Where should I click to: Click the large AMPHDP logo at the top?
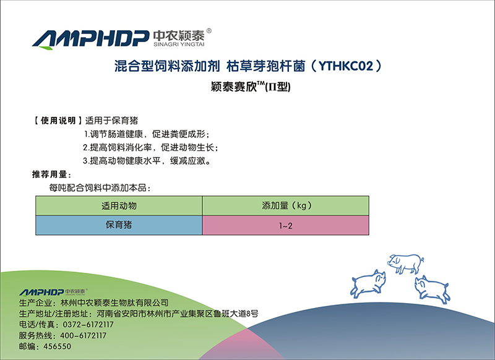tap(90, 40)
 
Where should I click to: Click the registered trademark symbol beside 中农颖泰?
tap(209, 31)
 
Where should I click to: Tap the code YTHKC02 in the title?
tap(346, 66)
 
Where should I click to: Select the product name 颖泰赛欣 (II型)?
tap(251, 87)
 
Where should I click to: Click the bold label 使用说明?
tap(58, 121)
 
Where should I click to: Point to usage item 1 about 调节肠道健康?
tap(147, 134)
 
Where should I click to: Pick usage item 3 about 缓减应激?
tap(147, 161)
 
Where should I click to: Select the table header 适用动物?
tap(119, 206)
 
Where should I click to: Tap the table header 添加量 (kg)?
tap(286, 206)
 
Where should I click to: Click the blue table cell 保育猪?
tap(119, 225)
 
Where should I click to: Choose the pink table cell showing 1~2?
tap(285, 225)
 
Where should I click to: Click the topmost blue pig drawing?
tap(406, 264)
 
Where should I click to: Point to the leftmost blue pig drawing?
tap(368, 284)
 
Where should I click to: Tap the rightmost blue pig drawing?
tap(433, 289)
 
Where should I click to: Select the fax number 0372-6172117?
tap(88, 324)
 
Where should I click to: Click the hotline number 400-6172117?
tap(84, 335)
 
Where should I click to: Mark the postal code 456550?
tap(57, 346)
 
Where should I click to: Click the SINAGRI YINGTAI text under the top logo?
tap(179, 45)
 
